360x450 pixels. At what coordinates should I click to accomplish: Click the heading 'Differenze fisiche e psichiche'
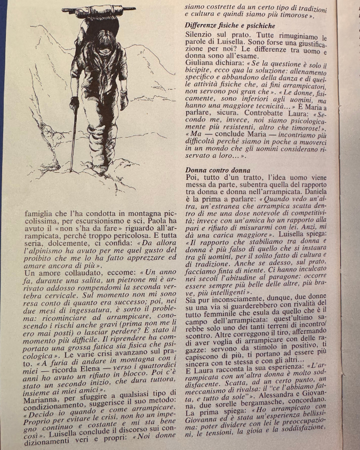pyautogui.click(x=230, y=25)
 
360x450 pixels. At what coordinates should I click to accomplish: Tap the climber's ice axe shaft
pyautogui.click(x=73, y=139)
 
